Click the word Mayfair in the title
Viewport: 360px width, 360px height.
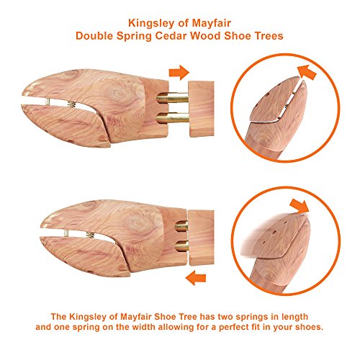tap(212, 24)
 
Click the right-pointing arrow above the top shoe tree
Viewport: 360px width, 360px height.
tap(179, 72)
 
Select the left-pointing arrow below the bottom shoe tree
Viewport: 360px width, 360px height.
tap(196, 278)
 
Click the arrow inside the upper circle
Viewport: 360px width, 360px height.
tap(307, 72)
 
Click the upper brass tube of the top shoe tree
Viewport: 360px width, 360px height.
tap(172, 99)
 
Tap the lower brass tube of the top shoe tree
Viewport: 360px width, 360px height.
tap(172, 118)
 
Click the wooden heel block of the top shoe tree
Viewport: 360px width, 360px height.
tap(202, 109)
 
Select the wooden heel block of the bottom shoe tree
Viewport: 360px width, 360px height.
tap(201, 238)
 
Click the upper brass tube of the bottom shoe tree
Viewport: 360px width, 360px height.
tap(181, 226)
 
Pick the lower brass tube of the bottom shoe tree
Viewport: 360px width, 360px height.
tap(181, 246)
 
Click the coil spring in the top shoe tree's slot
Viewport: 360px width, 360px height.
tap(72, 104)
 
